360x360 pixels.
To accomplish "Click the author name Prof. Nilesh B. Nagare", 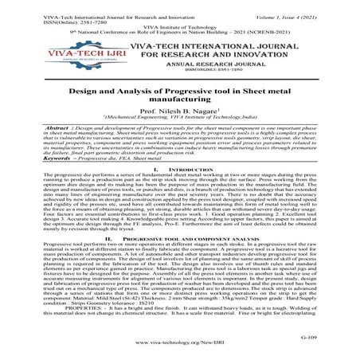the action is (180, 112).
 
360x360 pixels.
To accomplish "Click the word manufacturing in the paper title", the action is (181, 100).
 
